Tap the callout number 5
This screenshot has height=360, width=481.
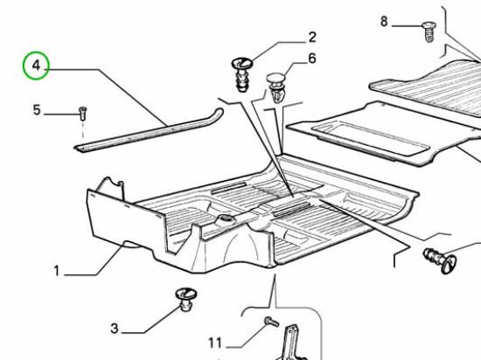37,110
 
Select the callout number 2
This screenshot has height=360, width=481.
312,38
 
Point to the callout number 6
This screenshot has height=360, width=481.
312,59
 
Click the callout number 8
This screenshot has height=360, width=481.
384,22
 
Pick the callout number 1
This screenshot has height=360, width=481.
57,271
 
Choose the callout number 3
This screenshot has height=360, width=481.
114,329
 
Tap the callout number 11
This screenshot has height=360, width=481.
215,343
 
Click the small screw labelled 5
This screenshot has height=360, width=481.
82,114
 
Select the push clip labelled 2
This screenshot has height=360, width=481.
241,74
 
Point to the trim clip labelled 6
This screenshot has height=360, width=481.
275,87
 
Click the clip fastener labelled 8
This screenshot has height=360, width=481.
428,31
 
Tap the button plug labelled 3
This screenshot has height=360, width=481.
186,299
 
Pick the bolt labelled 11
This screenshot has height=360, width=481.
271,322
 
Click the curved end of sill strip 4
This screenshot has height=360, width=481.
219,112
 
